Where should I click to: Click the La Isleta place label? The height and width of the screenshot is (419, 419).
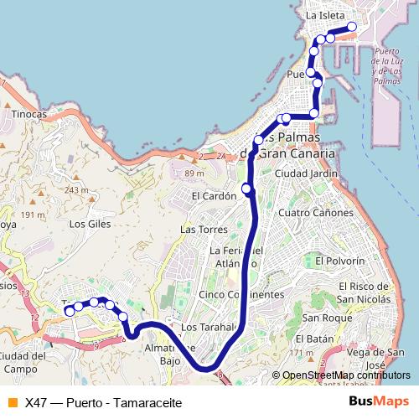pyautogui.click(x=323, y=15)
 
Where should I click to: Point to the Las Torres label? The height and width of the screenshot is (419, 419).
pyautogui.click(x=199, y=229)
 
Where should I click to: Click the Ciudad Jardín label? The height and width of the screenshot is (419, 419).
pyautogui.click(x=306, y=173)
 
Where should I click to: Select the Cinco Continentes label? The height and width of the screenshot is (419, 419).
pyautogui.click(x=241, y=295)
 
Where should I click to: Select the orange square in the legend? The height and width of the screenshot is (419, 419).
pyautogui.click(x=12, y=401)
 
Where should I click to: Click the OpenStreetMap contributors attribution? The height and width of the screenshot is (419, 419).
pyautogui.click(x=340, y=375)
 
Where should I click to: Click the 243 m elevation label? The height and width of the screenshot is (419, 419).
pyautogui.click(x=75, y=190)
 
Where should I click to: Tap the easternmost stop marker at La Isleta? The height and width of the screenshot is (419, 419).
pyautogui.click(x=352, y=27)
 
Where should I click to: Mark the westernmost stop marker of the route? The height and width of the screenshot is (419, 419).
pyautogui.click(x=70, y=311)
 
